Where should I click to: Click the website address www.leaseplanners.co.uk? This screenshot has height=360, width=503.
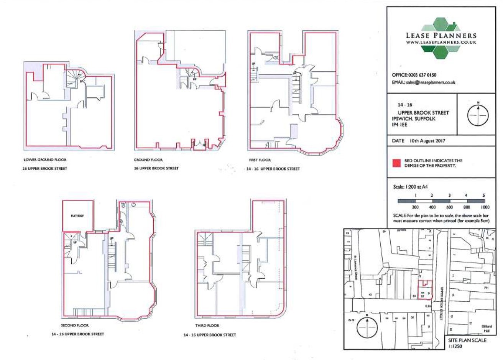(x=441, y=42)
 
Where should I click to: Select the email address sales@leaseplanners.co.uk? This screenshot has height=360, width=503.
(x=431, y=82)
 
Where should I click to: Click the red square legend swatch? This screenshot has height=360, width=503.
(x=396, y=163)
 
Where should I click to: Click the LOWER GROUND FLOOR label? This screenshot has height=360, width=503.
(x=45, y=160)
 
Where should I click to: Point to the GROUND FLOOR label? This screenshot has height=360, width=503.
(x=148, y=160)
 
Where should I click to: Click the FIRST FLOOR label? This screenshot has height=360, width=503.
(x=260, y=160)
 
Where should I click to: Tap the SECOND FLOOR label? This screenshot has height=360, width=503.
(x=75, y=325)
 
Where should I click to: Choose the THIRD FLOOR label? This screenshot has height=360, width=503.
(x=207, y=325)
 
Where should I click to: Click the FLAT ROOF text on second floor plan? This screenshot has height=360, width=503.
(x=77, y=216)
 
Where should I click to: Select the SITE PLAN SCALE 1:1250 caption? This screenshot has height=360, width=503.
(x=467, y=343)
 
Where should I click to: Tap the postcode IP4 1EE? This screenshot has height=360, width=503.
(x=400, y=125)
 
